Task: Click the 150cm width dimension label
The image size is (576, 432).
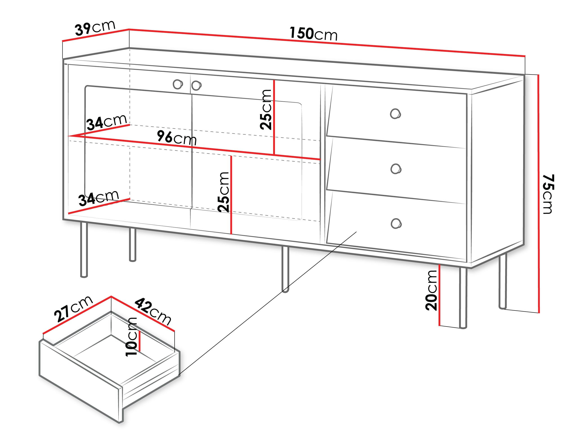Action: (x=313, y=34)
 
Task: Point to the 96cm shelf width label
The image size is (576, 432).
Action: (x=177, y=138)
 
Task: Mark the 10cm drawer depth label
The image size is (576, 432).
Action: (x=131, y=336)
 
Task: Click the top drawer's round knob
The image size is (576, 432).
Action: (x=395, y=114)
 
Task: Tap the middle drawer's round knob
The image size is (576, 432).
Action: (x=396, y=169)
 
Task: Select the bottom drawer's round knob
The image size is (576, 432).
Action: (x=396, y=223)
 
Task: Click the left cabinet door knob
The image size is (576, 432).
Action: (x=178, y=84)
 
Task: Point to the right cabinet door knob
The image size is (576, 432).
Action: (x=196, y=85)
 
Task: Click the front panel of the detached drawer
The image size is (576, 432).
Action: (x=81, y=380)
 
